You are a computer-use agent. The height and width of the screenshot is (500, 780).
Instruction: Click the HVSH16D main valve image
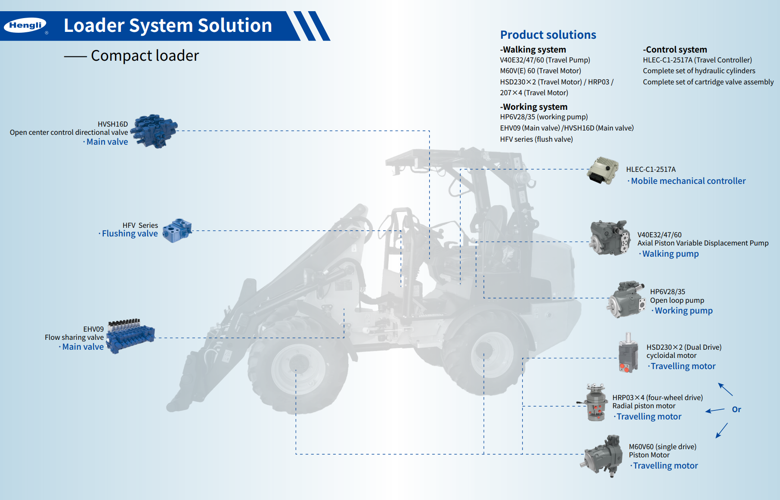(x=154, y=131)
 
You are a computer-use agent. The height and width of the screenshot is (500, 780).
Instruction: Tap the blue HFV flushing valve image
(x=177, y=230)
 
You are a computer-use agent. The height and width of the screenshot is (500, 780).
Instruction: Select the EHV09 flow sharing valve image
(x=130, y=336)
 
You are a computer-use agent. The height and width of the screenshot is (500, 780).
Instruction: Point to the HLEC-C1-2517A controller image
(x=603, y=171)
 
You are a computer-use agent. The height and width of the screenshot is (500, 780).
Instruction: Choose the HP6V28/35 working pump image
(x=626, y=300)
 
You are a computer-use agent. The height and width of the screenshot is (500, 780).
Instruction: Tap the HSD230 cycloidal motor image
(x=628, y=353)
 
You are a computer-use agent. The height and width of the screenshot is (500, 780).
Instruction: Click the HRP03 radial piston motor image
(x=595, y=402)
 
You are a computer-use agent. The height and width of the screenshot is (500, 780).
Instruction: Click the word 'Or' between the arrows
(x=737, y=409)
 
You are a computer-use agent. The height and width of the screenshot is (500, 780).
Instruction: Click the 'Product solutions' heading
(x=548, y=35)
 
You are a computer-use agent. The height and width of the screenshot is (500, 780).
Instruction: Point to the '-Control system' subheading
(x=675, y=50)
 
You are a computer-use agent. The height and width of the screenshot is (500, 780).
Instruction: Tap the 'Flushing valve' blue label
(x=130, y=233)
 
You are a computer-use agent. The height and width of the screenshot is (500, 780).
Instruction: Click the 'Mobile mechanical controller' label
(x=688, y=181)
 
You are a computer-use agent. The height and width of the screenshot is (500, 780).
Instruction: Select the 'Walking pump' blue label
(x=670, y=254)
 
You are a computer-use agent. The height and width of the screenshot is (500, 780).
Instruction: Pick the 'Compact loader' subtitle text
(x=145, y=56)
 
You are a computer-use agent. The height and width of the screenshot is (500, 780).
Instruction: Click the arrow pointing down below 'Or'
(x=721, y=431)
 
